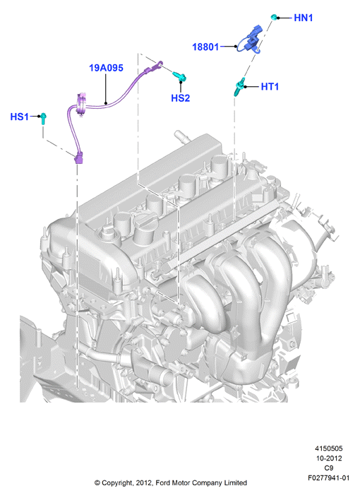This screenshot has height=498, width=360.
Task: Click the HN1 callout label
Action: click(x=303, y=18)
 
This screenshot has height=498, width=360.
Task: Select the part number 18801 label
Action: click(x=205, y=47)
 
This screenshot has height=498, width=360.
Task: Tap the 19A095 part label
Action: click(x=106, y=68)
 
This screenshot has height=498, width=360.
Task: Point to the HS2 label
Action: click(x=180, y=98)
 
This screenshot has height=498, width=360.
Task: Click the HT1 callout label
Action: click(x=270, y=86)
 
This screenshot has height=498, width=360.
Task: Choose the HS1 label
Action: click(x=19, y=117)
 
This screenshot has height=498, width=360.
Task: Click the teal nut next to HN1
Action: click(x=274, y=16)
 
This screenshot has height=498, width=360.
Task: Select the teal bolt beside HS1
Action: click(x=44, y=119)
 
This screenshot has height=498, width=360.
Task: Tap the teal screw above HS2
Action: click(x=179, y=76)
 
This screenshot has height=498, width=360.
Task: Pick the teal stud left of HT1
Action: click(x=239, y=86)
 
